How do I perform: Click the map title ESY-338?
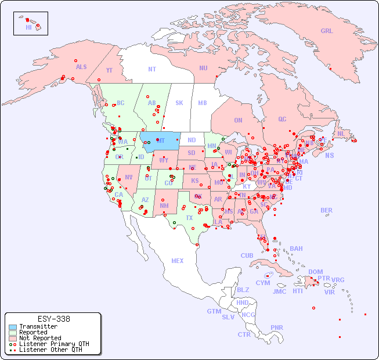53,319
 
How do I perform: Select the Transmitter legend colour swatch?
12,326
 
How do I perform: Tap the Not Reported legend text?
40,338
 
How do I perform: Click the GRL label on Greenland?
327,31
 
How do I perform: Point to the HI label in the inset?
28,27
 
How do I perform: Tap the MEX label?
178,261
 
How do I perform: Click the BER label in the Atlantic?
327,210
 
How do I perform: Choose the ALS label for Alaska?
81,67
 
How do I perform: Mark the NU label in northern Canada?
203,68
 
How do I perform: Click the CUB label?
247,255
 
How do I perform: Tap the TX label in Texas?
189,218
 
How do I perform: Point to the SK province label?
179,103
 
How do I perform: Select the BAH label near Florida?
296,249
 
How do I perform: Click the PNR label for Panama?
277,327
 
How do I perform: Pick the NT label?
152,69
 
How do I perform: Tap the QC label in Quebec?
282,119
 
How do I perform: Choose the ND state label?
192,140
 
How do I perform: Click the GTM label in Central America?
214,311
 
